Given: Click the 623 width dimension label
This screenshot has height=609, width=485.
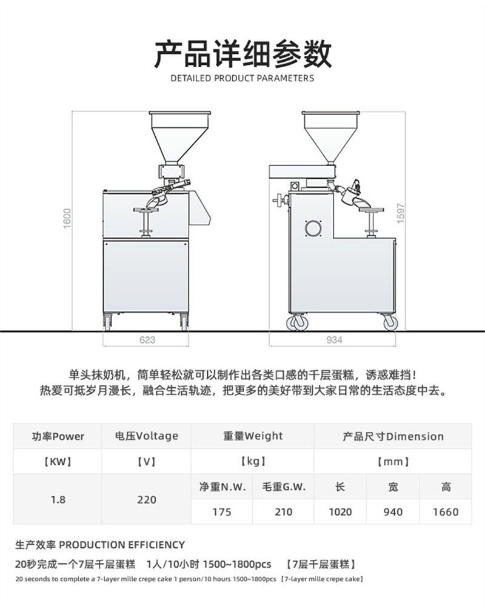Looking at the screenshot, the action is (147, 340).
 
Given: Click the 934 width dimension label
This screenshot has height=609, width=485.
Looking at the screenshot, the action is (334, 340).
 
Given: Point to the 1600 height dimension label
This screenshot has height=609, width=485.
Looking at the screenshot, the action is (67, 219).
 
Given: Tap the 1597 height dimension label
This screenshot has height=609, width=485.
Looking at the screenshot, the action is (401, 213).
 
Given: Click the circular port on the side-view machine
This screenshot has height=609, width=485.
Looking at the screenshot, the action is (313, 228).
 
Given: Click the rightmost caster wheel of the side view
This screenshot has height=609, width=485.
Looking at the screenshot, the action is (390, 322).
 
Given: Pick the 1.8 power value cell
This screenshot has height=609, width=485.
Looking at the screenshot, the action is (58, 499).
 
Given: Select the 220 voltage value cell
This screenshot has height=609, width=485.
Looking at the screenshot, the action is (147, 499).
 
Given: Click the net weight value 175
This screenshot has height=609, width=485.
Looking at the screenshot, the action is (222, 512).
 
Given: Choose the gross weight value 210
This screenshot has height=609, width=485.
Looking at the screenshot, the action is (283, 512).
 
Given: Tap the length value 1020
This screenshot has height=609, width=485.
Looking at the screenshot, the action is (340, 512).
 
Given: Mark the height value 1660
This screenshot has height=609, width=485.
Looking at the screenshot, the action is (446, 512).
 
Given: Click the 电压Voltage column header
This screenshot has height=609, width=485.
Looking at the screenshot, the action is (147, 436).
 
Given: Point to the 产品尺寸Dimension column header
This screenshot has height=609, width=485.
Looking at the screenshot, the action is (393, 436).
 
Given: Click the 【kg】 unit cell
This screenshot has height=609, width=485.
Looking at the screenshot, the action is (253, 461).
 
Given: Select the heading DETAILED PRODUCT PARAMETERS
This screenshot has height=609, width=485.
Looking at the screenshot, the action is (242, 78).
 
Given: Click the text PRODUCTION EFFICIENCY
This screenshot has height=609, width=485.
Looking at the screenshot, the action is (122, 545).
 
